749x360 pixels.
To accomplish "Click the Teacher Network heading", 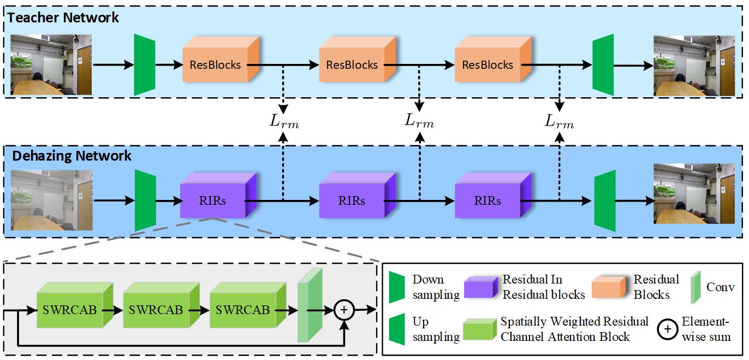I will click(x=63, y=17).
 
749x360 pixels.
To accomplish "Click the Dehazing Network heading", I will click(x=72, y=156).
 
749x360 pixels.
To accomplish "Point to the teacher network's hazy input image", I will click(x=51, y=65).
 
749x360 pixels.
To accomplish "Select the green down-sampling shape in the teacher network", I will click(x=145, y=64).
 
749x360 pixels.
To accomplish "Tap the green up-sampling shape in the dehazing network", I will click(x=604, y=200).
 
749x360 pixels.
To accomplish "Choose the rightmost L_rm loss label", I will click(x=560, y=122).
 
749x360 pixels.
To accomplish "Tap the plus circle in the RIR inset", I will click(x=344, y=310).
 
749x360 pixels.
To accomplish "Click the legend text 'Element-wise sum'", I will click(x=706, y=329).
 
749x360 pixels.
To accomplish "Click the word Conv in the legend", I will click(x=721, y=287).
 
